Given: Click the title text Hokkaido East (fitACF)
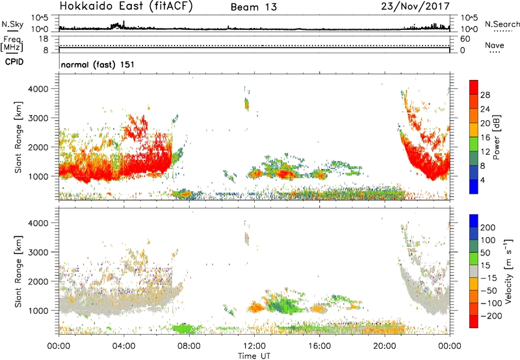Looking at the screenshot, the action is point(126,6).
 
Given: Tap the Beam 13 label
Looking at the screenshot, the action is point(253,7).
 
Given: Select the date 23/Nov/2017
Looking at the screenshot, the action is point(415,6).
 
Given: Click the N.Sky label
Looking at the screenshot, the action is point(12,24).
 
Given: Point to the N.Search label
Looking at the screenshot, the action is point(502,24).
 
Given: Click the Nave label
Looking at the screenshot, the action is point(495,45).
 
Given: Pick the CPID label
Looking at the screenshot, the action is point(14,62).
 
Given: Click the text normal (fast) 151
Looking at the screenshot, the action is point(98,64).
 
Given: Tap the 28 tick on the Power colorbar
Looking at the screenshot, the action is point(485,95).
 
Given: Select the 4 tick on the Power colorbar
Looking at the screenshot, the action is point(482,181).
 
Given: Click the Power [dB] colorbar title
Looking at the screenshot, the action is point(497,137).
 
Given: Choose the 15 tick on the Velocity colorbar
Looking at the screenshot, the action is point(485,266).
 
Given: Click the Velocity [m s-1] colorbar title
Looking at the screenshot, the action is point(508,272).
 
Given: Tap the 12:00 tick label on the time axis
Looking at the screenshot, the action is point(254,346).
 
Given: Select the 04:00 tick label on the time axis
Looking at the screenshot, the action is point(123,346).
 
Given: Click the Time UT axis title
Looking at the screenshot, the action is point(254,355).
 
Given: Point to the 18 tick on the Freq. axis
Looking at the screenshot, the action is point(44,39).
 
